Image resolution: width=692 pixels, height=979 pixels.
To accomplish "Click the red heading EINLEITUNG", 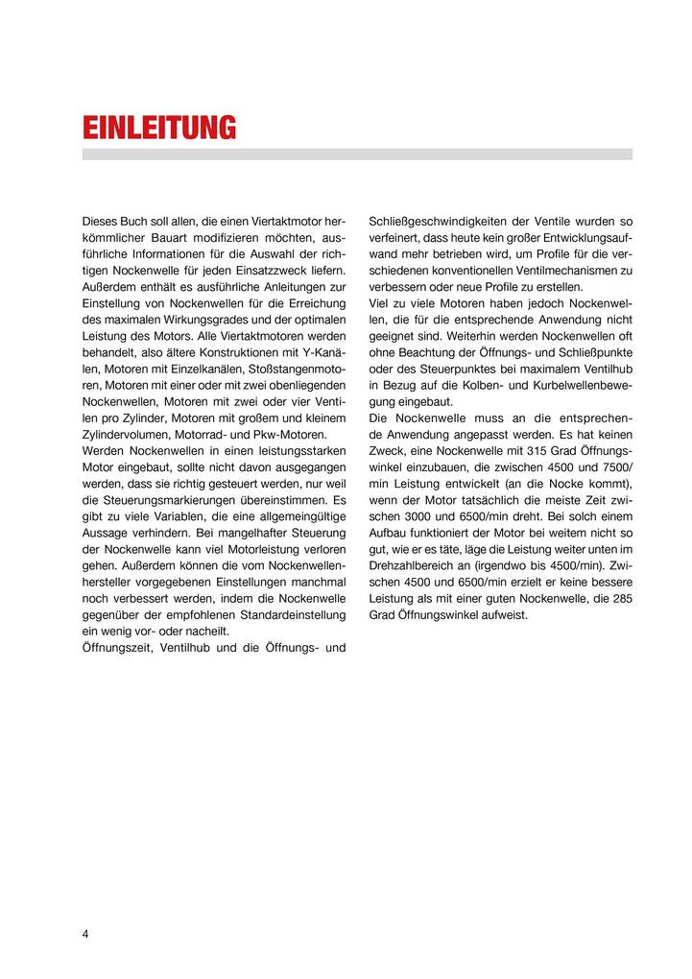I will pyautogui.click(x=159, y=128).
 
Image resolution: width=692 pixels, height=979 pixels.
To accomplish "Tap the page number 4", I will pyautogui.click(x=85, y=936).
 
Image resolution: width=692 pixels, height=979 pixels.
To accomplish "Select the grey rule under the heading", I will pyautogui.click(x=357, y=154).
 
